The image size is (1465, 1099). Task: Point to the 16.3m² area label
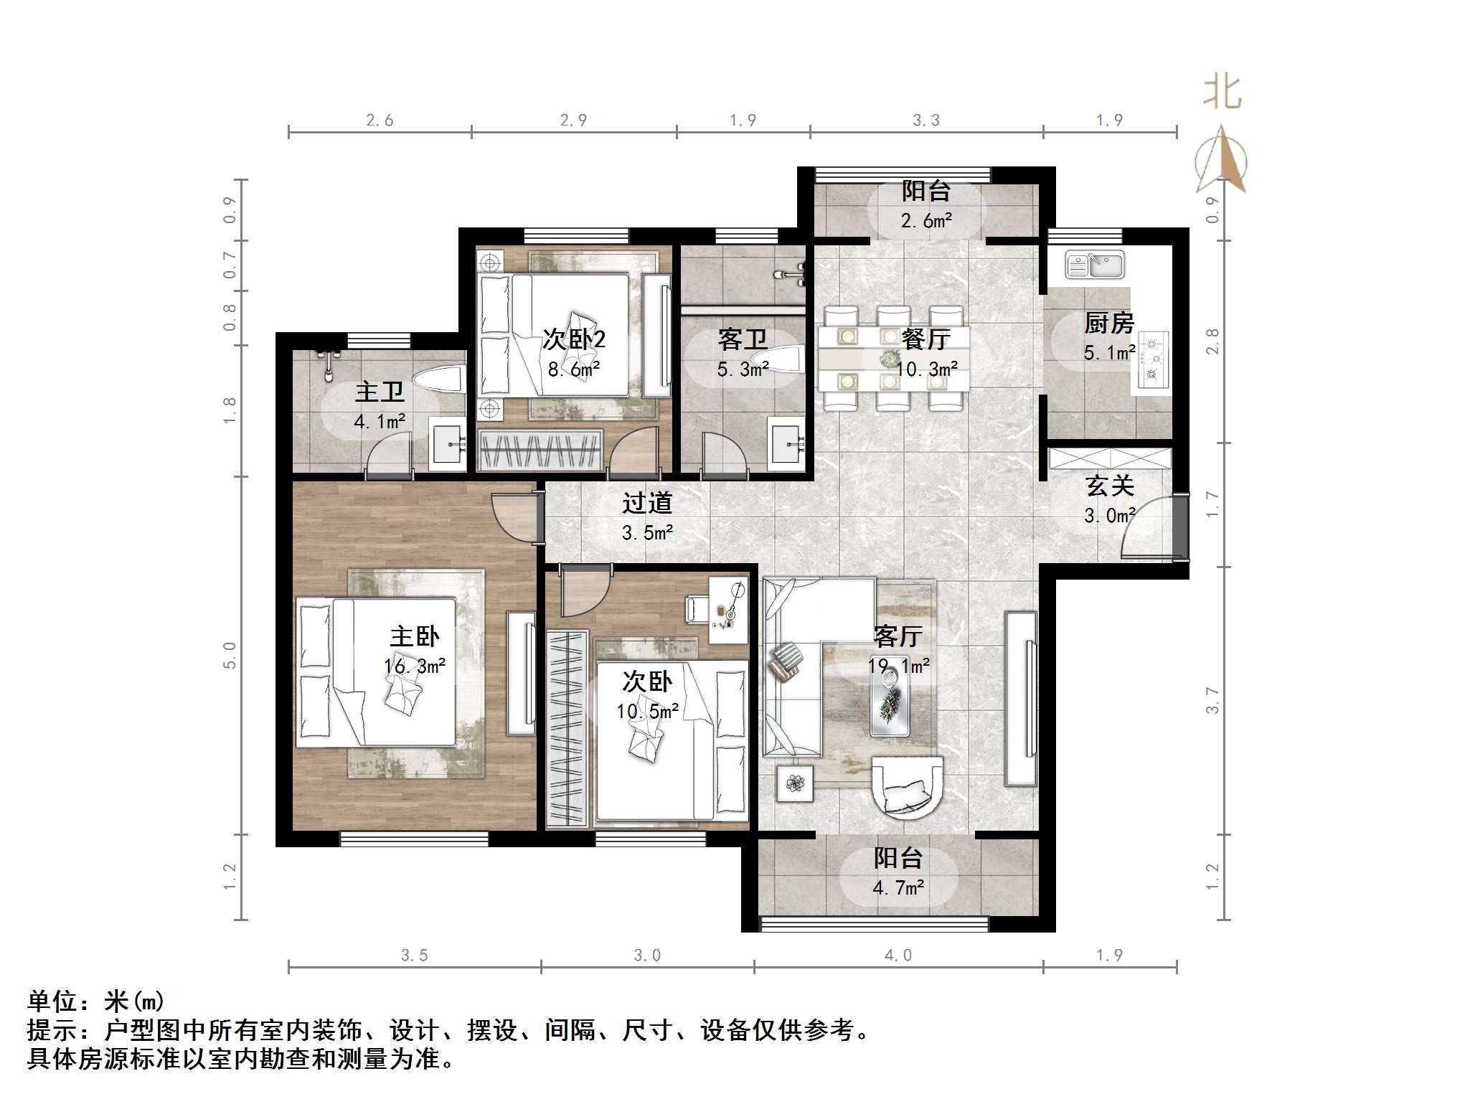coord(415,666)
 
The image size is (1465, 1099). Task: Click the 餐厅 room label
coord(926,339)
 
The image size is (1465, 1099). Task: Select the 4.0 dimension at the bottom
coord(898,956)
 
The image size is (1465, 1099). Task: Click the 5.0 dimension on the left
coord(230,654)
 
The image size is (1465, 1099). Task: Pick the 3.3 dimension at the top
coord(926,121)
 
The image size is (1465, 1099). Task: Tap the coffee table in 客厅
coord(890,704)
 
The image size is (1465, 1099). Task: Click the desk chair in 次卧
coord(697,609)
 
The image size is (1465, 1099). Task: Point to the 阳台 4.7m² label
coord(898,872)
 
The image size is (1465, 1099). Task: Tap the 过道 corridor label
coord(647,504)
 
